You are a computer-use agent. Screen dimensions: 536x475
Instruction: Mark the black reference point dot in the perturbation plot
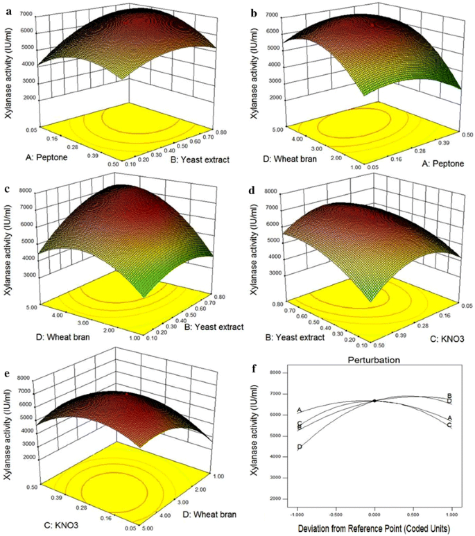[x=374, y=401]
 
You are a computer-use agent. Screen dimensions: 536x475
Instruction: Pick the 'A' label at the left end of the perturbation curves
[x=299, y=410]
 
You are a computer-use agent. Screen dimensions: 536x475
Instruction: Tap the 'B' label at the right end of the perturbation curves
[x=450, y=396]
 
